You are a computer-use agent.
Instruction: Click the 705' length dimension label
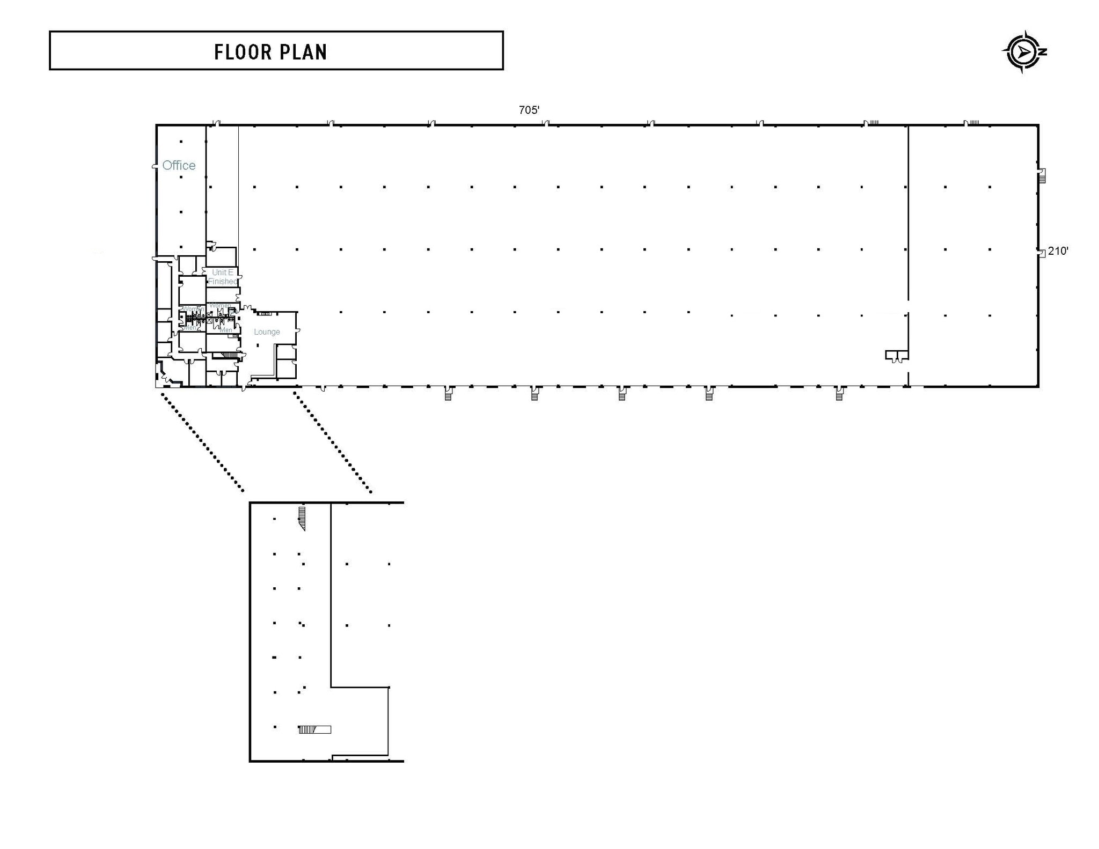529,110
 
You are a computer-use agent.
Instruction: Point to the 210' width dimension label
1058,251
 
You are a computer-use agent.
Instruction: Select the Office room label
179,165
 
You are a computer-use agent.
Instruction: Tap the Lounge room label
267,332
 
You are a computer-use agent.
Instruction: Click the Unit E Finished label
222,277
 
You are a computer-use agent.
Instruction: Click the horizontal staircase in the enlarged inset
314,729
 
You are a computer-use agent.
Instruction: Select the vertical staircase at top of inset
302,518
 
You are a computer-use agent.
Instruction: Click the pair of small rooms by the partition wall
896,355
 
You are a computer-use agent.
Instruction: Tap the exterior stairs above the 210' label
1042,175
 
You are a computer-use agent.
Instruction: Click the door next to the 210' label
1041,252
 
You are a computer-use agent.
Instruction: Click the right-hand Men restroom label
226,330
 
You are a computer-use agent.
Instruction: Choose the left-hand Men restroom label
189,328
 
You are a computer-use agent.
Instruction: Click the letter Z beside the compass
1043,52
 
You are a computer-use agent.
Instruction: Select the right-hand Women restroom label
220,306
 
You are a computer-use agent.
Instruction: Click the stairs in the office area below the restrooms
229,355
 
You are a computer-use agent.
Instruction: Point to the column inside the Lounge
258,345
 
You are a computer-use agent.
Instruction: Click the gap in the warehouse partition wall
908,307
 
